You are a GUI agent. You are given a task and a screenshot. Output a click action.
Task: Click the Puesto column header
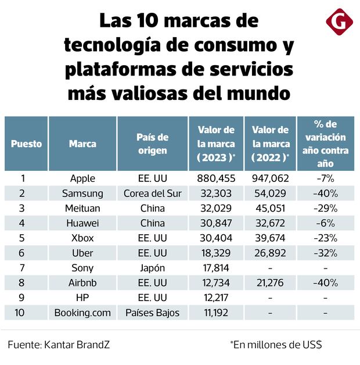click(26, 144)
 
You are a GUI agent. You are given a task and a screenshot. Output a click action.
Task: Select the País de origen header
click(152, 144)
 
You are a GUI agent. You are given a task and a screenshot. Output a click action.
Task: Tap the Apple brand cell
click(82, 178)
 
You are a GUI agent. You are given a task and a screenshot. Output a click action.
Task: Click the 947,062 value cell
click(270, 178)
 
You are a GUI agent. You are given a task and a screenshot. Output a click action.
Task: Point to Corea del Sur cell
click(152, 194)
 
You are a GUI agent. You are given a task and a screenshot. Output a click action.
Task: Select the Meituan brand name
click(82, 209)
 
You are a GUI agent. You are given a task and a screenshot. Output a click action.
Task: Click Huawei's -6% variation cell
click(325, 223)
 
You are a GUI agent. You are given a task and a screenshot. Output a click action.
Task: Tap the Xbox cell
click(82, 238)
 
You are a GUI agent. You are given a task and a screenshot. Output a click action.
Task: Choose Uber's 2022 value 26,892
click(270, 253)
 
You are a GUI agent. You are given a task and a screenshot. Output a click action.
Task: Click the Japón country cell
click(152, 269)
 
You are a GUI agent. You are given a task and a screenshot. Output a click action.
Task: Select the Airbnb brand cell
click(82, 283)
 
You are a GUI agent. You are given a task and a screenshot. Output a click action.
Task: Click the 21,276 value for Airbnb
click(270, 283)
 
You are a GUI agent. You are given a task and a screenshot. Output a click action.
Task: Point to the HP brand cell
click(82, 298)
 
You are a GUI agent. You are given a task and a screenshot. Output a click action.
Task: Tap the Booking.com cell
click(82, 313)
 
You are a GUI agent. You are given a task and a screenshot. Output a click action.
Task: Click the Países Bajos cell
click(152, 313)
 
